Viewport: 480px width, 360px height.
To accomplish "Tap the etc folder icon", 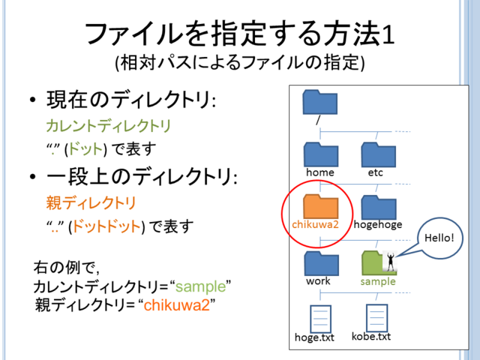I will pyautogui.click(x=378, y=154).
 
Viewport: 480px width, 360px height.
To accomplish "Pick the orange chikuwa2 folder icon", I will pyautogui.click(x=320, y=206).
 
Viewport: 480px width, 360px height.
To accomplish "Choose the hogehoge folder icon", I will pyautogui.click(x=378, y=206).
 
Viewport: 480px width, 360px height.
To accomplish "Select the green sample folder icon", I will pyautogui.click(x=375, y=262).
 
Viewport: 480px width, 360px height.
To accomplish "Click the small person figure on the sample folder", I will pyautogui.click(x=390, y=260).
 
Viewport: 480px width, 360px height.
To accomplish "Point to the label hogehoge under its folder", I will pyautogui.click(x=378, y=224).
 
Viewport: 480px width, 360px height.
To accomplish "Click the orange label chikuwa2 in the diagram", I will pyautogui.click(x=316, y=224).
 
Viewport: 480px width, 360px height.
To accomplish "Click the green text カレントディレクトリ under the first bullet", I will pyautogui.click(x=108, y=125).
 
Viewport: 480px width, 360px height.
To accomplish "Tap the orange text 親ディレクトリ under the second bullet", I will pyautogui.click(x=91, y=202).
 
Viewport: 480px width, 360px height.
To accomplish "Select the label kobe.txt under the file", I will pyautogui.click(x=371, y=337).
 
